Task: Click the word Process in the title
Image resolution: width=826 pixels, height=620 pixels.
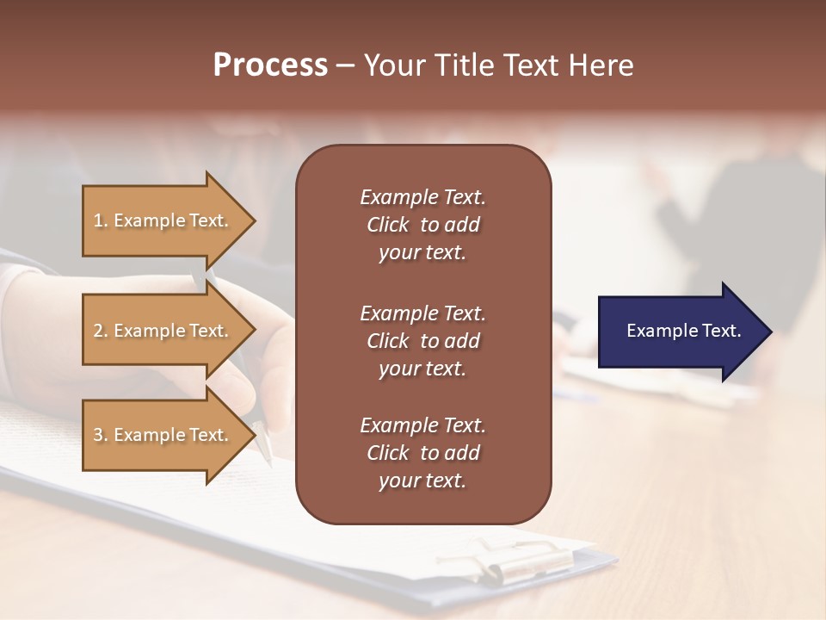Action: point(270,65)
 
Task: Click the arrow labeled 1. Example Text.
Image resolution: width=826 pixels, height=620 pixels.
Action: point(163,220)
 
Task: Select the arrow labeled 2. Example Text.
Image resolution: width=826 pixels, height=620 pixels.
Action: point(163,331)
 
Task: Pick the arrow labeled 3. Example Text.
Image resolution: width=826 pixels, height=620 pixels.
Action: point(163,435)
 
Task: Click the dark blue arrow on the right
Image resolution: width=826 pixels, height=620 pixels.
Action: point(680,331)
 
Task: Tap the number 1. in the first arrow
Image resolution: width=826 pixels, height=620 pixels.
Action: point(101,220)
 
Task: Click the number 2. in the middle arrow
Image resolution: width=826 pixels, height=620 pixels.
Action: point(101,331)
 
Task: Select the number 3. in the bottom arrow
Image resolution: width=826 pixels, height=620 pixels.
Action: point(101,435)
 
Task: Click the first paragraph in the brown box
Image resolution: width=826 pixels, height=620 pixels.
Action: point(422,225)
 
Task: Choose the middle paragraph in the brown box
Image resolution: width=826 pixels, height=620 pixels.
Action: point(422,340)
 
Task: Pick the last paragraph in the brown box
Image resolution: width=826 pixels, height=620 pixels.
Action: point(422,453)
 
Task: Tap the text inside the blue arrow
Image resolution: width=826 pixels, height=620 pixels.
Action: point(683,331)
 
